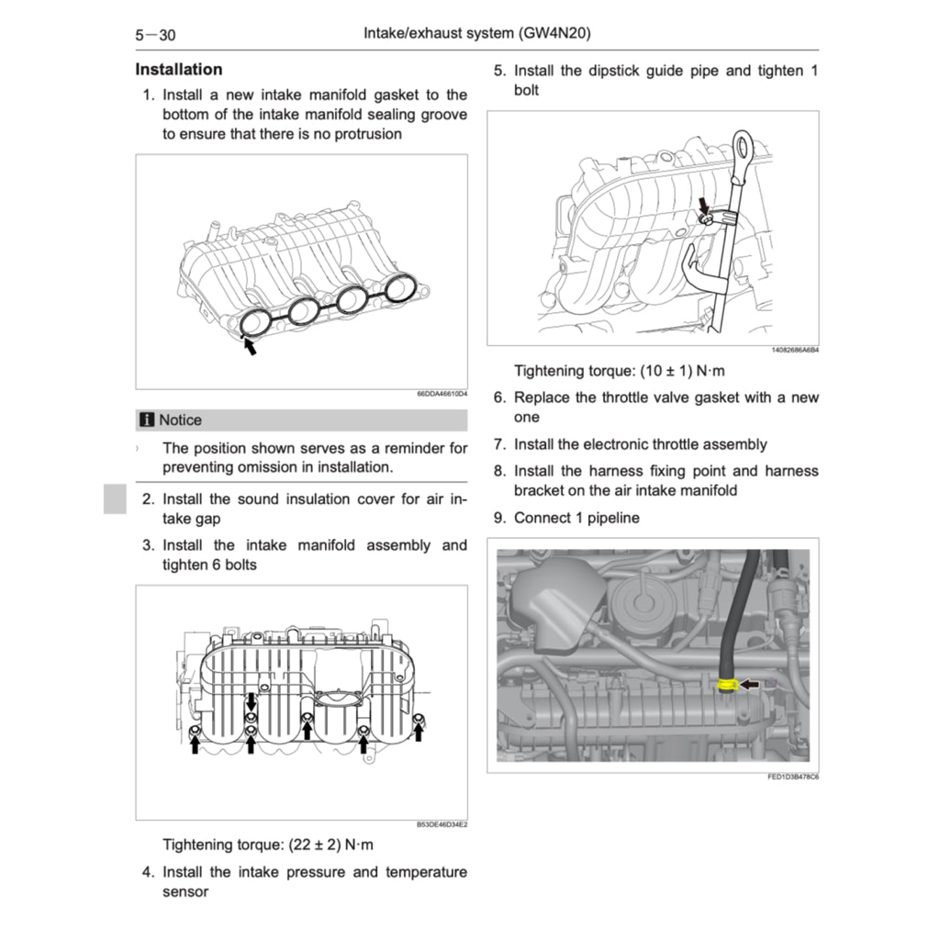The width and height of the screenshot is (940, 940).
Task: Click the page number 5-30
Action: (155, 35)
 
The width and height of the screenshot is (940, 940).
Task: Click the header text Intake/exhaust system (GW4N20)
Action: (476, 33)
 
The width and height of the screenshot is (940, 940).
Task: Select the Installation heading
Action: (179, 70)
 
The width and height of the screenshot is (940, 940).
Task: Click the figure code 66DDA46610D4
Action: (442, 394)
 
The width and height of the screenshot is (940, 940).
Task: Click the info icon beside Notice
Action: (146, 420)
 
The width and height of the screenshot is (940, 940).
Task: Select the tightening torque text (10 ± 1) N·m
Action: (620, 371)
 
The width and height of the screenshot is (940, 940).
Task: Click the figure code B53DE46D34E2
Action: (442, 824)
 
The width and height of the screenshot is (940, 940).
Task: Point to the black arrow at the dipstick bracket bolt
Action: (705, 203)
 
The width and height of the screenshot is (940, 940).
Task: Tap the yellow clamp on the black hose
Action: (727, 684)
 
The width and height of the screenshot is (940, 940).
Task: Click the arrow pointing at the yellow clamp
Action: (753, 684)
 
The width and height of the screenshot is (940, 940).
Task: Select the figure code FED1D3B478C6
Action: (793, 777)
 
